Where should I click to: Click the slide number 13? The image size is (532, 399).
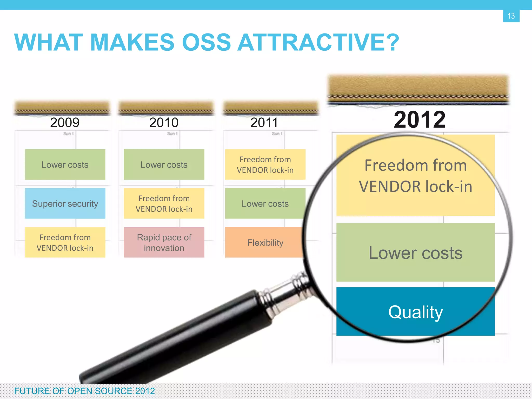click(x=511, y=16)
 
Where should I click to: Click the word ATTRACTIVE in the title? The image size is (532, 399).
click(x=318, y=42)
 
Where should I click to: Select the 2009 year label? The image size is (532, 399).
click(x=65, y=122)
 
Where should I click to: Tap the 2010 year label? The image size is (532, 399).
click(x=164, y=122)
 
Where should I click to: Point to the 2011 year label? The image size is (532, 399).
click(x=264, y=122)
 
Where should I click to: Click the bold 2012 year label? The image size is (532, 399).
click(x=419, y=120)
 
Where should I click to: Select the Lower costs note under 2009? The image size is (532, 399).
click(x=65, y=164)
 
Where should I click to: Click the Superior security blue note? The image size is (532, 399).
click(x=65, y=203)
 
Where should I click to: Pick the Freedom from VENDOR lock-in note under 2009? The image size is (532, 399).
click(x=65, y=242)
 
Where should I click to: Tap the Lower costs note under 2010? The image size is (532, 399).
click(x=164, y=164)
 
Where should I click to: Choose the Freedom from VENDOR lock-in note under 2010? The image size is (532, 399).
click(x=164, y=203)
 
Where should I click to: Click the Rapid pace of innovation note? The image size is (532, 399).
click(x=164, y=242)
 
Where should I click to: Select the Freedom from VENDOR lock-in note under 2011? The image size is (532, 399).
click(x=265, y=164)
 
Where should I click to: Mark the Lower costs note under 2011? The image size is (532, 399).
click(x=265, y=203)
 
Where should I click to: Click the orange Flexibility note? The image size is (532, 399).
click(x=265, y=242)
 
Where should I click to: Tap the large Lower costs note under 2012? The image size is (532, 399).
click(x=415, y=252)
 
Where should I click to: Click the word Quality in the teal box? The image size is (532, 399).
click(x=415, y=312)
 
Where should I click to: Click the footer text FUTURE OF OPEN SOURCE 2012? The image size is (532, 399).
click(x=84, y=391)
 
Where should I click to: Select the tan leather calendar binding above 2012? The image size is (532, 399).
click(x=418, y=88)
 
